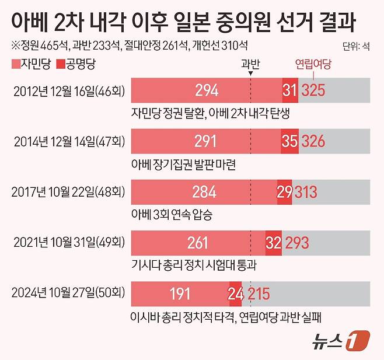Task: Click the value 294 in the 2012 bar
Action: coord(207,90)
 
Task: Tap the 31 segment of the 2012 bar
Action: coord(290,90)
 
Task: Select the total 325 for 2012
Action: coord(313,90)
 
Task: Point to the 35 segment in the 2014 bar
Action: coord(289,141)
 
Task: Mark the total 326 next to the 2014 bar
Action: coord(313,141)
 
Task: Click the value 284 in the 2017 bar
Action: coord(204,191)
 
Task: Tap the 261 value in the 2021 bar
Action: coord(198,242)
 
